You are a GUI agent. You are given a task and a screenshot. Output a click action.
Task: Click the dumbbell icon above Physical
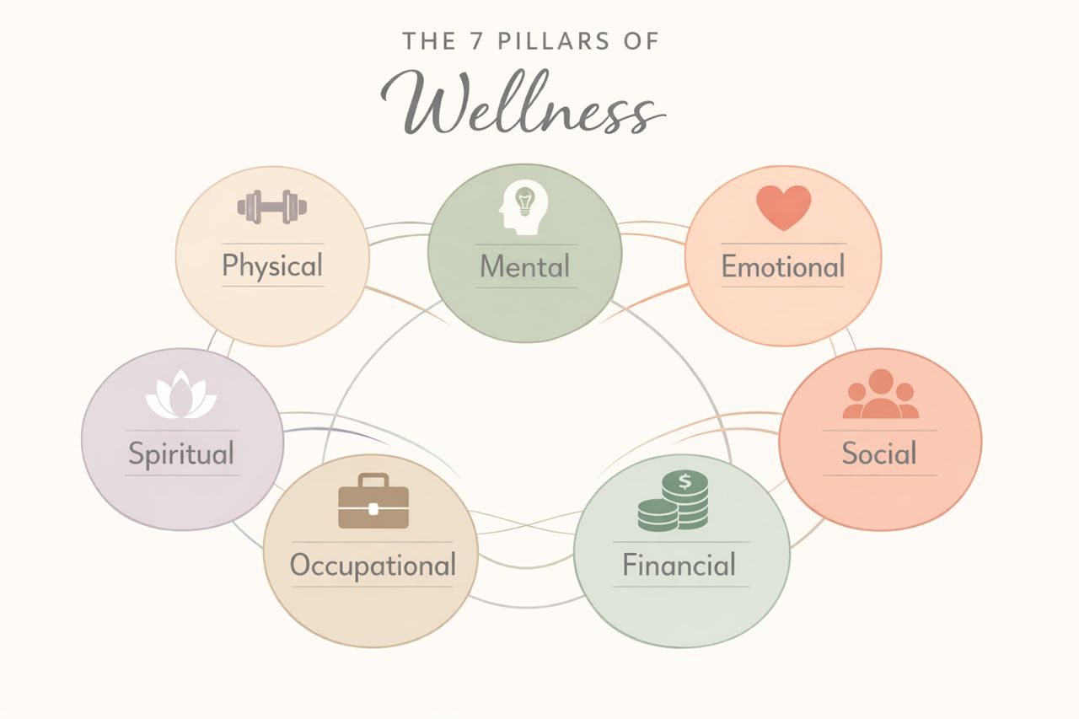(272, 207)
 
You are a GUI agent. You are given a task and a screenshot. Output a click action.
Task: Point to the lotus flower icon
(180, 396)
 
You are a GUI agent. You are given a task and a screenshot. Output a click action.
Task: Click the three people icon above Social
(880, 394)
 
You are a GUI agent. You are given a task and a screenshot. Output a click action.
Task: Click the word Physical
(272, 266)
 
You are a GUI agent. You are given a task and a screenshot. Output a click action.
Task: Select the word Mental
(524, 267)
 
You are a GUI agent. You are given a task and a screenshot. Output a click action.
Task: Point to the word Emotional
(782, 267)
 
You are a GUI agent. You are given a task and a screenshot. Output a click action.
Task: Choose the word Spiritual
(181, 454)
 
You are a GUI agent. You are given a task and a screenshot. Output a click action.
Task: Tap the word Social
(879, 454)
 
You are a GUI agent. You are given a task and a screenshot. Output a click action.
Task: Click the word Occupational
(373, 565)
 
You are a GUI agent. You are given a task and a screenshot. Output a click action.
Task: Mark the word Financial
(679, 565)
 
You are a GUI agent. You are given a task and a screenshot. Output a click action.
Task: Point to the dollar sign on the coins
(684, 482)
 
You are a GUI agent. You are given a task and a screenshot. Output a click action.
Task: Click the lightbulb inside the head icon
(526, 202)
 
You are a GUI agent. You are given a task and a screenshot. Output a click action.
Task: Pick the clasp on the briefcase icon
(373, 508)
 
